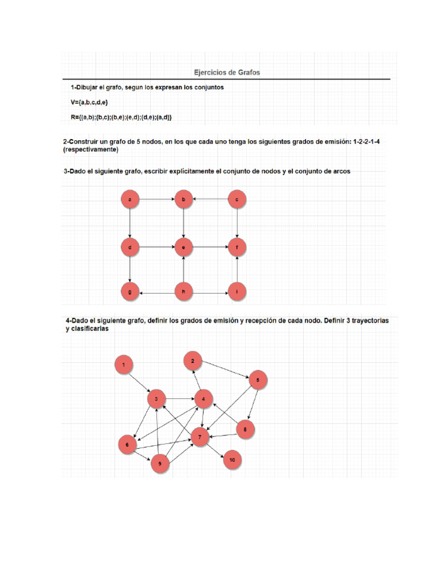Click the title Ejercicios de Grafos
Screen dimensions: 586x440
(x=227, y=73)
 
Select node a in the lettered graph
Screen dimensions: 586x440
(x=131, y=200)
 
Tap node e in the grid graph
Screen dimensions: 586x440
(x=183, y=248)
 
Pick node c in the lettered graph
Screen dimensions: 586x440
(x=237, y=200)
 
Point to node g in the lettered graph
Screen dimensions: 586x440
(x=131, y=292)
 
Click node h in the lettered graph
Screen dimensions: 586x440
(x=183, y=292)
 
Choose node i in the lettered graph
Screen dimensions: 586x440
(x=237, y=292)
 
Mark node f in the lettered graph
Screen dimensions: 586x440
(x=237, y=248)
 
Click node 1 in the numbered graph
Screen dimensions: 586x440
(x=124, y=363)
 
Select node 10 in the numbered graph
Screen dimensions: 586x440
(x=231, y=460)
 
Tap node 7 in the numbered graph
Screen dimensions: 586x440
(x=200, y=438)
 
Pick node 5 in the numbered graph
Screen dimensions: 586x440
(x=258, y=380)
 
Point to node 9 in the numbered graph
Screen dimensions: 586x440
(x=160, y=465)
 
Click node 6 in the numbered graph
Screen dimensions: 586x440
(x=127, y=445)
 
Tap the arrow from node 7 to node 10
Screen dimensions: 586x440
(x=216, y=449)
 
